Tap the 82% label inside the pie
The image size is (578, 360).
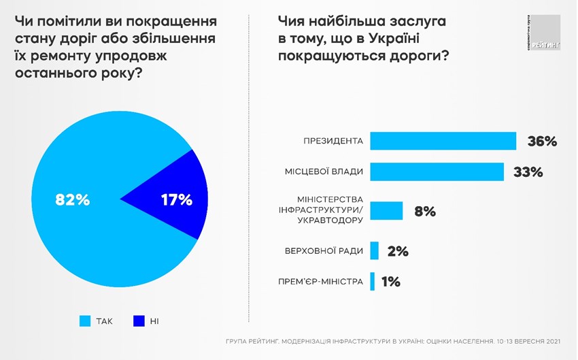point(72,200)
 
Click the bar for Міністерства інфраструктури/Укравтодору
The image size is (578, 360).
point(386,211)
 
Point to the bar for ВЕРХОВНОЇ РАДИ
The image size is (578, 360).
point(374,250)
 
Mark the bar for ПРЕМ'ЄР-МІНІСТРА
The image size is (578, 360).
point(372,281)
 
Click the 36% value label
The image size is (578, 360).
point(542,142)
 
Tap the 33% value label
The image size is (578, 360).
point(528,172)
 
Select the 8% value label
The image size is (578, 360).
point(424,212)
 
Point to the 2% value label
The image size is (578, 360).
point(397,251)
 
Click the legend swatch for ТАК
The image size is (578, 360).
point(85,320)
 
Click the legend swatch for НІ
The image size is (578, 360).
point(139,320)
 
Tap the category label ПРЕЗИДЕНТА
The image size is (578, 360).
point(333,142)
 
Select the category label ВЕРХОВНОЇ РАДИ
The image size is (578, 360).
point(324,251)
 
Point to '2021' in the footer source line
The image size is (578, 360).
point(552,341)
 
